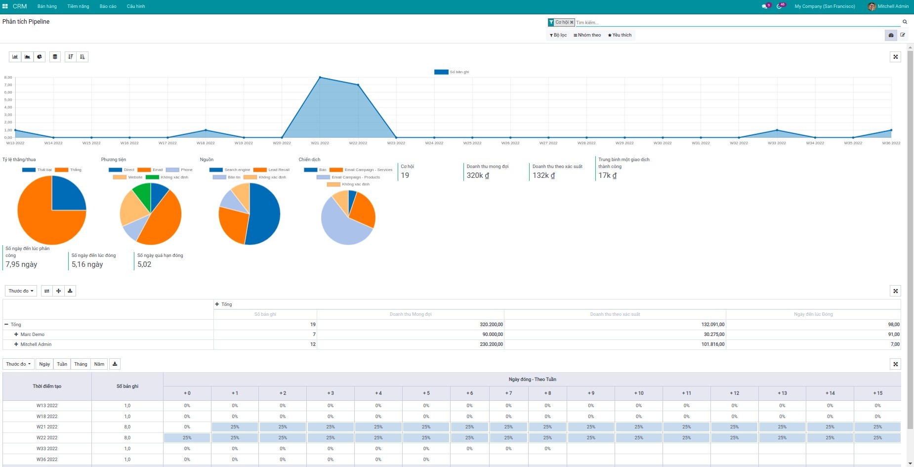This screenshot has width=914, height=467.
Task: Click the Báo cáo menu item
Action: coord(108,6)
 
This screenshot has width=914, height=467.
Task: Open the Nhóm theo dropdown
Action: coord(587,35)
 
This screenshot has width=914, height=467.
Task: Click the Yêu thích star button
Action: coord(620,35)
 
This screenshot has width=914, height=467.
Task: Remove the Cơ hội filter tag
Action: coord(572,22)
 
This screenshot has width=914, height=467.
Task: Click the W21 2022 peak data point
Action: coord(320,78)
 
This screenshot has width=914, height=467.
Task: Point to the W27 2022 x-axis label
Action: coord(548,143)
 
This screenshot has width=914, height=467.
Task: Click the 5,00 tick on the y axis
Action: coord(8,100)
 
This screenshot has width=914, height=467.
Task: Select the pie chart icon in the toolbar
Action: coord(40,57)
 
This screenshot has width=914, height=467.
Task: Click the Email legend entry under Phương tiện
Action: coord(157,170)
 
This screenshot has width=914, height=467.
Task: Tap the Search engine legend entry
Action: coord(237,170)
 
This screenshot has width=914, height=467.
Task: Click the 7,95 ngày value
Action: coord(21,264)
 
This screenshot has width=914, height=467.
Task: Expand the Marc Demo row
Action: coord(16,335)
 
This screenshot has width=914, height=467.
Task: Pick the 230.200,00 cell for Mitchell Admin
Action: coord(491,344)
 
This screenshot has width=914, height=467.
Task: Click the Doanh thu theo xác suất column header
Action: coord(615,314)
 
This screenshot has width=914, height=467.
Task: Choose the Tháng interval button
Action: coord(81,364)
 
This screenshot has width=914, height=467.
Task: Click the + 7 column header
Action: coord(508,393)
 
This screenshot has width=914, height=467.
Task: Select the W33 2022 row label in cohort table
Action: coord(47,449)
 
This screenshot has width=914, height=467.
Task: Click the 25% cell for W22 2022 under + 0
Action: coord(187,438)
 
